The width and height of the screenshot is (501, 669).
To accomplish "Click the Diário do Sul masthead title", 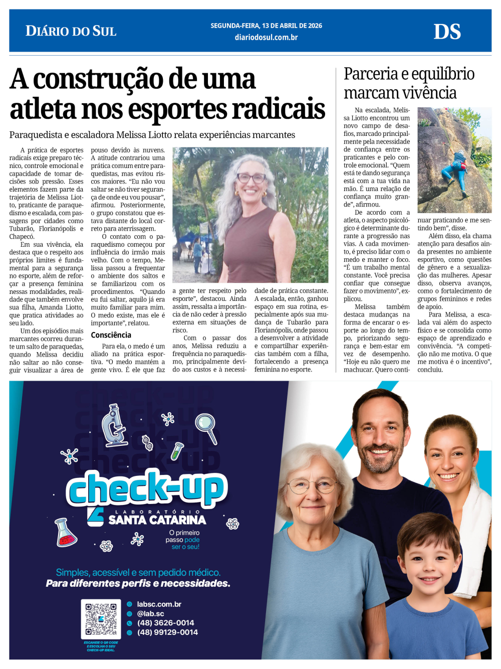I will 71,31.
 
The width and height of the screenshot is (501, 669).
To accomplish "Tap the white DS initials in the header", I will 447,32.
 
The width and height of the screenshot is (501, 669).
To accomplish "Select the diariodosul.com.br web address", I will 266,37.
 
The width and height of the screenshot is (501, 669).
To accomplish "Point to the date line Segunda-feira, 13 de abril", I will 266,26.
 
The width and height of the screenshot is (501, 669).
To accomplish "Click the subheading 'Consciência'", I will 111,335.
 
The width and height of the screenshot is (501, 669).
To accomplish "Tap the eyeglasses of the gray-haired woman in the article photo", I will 251,178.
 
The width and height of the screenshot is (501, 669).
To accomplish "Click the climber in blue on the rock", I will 456,166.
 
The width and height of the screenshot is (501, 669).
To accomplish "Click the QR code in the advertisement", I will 101,619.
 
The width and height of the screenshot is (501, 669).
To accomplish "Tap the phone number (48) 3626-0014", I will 165,623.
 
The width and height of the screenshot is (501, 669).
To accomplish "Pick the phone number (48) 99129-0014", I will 167,632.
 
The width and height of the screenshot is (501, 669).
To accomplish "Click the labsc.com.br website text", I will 159,604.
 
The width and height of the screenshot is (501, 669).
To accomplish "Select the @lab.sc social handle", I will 150,613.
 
